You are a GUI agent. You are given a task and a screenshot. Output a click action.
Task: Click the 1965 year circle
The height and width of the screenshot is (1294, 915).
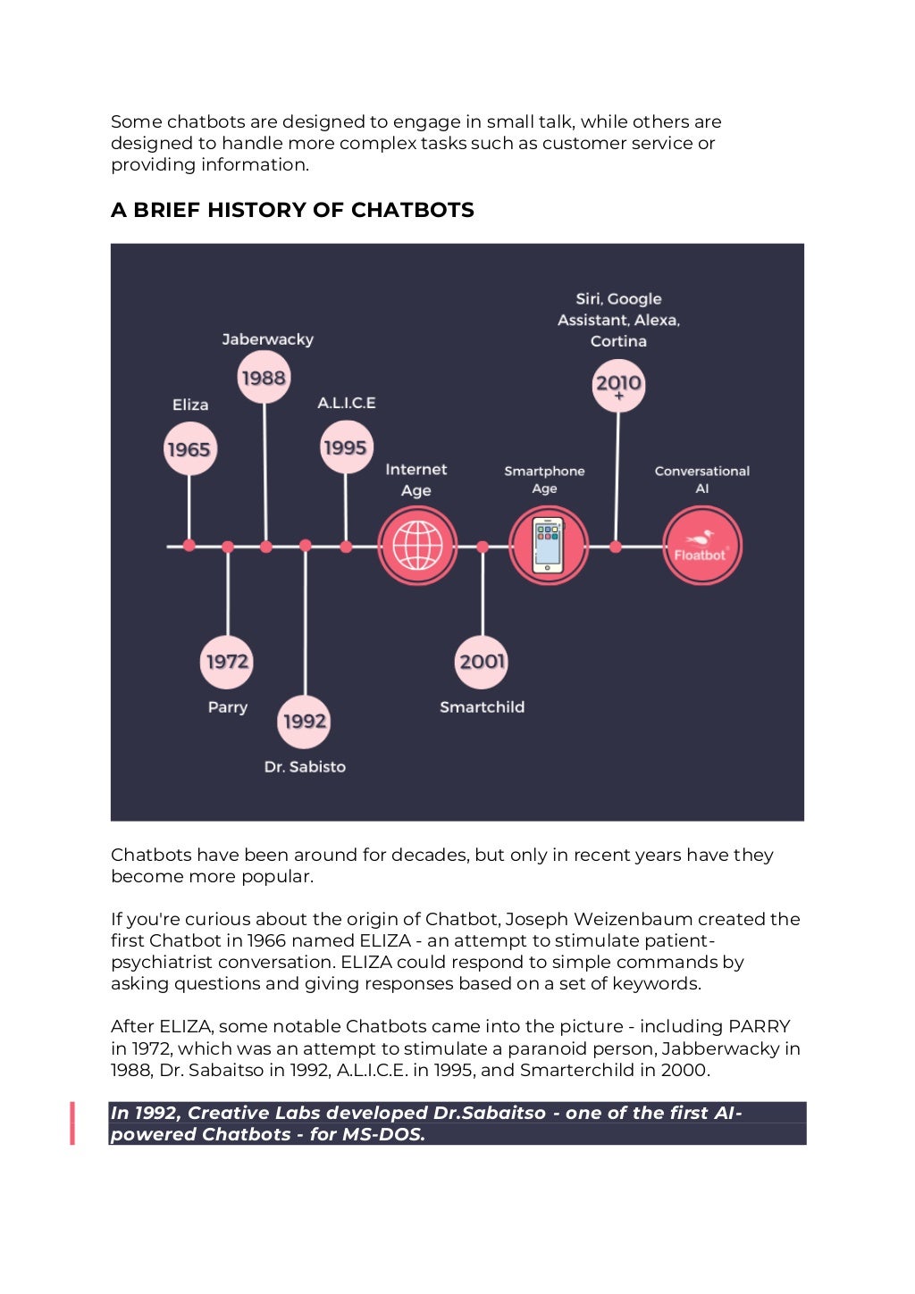point(189,449)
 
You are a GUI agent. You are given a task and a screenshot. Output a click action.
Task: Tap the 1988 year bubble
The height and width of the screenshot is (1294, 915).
point(264,378)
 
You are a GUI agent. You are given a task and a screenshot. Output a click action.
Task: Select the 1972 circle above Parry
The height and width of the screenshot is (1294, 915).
point(227,662)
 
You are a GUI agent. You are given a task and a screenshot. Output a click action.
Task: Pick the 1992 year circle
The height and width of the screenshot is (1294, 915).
point(305,721)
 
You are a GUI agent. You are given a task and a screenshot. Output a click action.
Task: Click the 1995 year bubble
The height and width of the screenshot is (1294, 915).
point(346,447)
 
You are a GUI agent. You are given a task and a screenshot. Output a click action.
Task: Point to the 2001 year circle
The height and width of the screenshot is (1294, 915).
point(483,662)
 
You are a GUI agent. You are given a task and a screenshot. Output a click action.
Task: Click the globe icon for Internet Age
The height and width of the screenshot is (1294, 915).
point(417,546)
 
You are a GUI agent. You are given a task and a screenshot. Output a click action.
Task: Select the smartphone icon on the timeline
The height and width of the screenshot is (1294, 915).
point(548,546)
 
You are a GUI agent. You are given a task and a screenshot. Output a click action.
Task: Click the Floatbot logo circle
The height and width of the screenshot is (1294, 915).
point(701,546)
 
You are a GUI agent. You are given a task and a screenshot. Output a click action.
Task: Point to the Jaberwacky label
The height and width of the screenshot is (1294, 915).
point(268,339)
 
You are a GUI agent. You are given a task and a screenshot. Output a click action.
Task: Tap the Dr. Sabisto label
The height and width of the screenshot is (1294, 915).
point(305,767)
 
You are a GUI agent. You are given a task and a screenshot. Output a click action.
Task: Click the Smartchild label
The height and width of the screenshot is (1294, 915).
point(483,707)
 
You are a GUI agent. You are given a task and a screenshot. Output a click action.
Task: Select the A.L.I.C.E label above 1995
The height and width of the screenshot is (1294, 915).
point(347,403)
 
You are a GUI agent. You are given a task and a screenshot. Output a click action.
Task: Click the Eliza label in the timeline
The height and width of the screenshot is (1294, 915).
point(190,405)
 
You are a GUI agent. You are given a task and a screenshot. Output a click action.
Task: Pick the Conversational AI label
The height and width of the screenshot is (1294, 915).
point(701,480)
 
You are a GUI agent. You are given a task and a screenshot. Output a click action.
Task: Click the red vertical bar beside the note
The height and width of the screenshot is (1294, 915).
point(72,1123)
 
